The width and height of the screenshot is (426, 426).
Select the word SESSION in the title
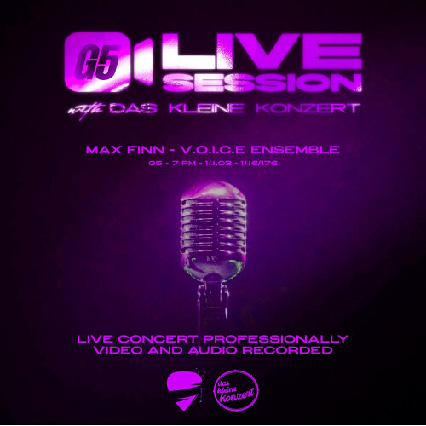click(x=261, y=82)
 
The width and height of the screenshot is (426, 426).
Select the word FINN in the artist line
click(x=144, y=150)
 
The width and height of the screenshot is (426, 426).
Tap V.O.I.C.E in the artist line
click(x=222, y=150)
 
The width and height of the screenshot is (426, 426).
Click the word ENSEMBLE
click(x=302, y=150)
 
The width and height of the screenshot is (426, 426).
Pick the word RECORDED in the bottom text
click(x=293, y=350)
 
